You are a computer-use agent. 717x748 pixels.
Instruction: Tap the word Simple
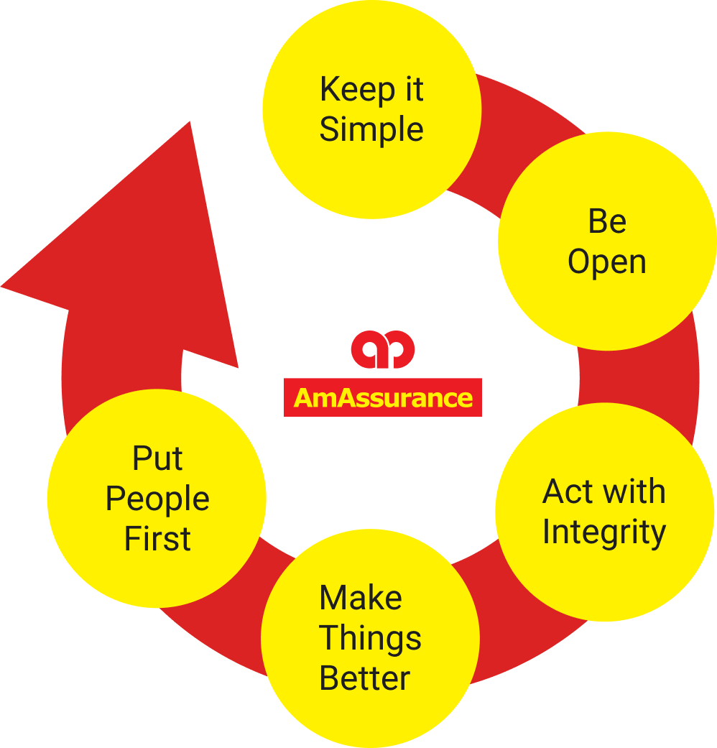(x=371, y=130)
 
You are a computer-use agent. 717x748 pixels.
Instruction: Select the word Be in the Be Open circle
(x=607, y=221)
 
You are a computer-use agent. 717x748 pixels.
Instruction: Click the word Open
(x=607, y=262)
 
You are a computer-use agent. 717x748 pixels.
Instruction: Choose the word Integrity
(x=604, y=533)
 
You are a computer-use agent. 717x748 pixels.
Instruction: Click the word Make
(x=361, y=598)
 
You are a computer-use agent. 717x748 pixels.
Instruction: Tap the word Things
(x=370, y=638)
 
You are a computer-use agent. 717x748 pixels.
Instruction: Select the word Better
(x=365, y=678)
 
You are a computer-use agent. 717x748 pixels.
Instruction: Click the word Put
(x=157, y=459)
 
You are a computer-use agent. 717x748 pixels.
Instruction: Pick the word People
(x=157, y=499)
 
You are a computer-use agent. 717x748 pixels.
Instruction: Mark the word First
(x=157, y=539)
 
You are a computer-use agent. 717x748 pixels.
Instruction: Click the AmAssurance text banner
(x=383, y=397)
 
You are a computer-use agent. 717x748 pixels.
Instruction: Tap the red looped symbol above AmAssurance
(x=383, y=348)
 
